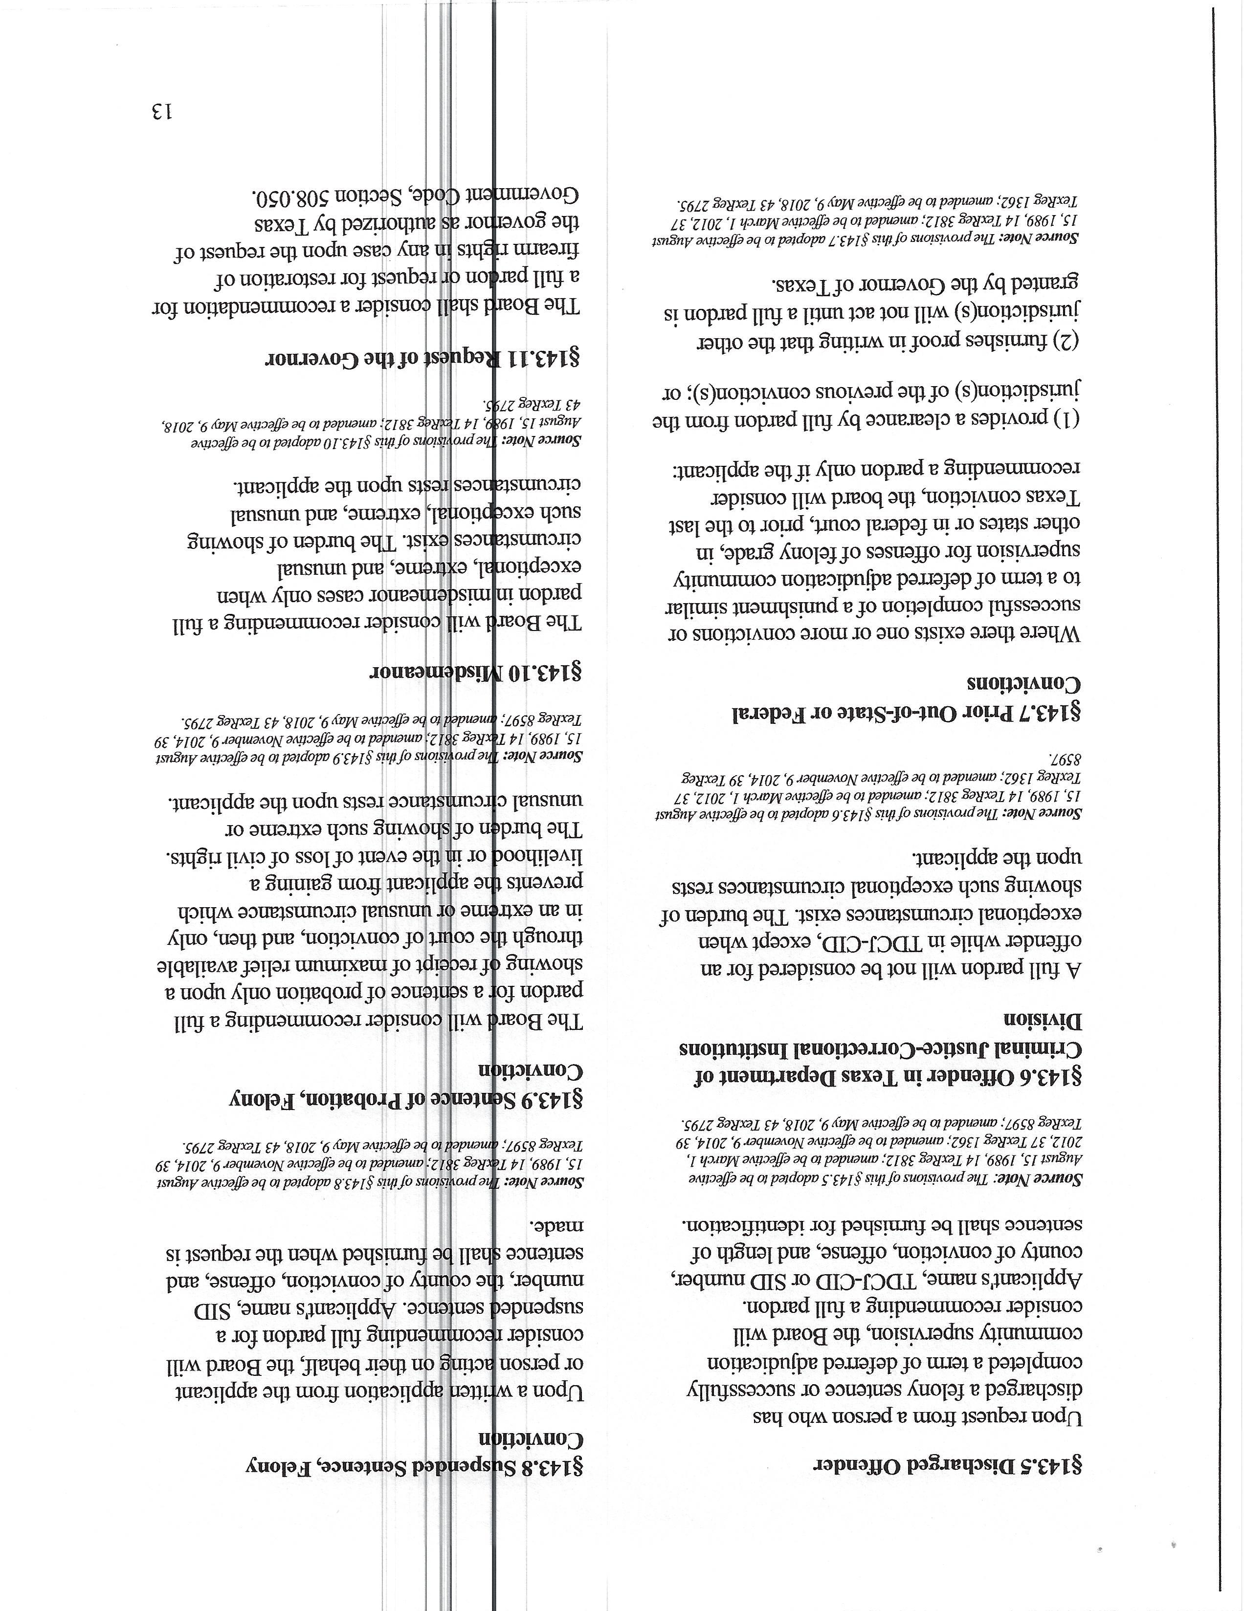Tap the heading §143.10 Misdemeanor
[475, 673]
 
